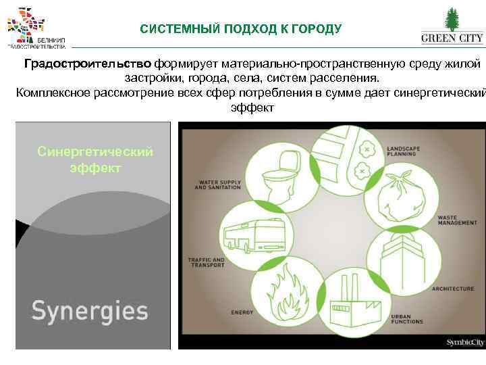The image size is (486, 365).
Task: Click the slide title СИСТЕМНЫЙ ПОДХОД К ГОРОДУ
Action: click(241, 29)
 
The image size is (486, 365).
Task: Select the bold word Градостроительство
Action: click(88, 64)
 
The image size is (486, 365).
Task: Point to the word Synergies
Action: click(89, 311)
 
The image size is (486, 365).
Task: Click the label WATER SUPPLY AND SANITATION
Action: click(217, 185)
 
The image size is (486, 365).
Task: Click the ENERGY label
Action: click(242, 312)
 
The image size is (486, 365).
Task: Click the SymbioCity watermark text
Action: click(464, 343)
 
